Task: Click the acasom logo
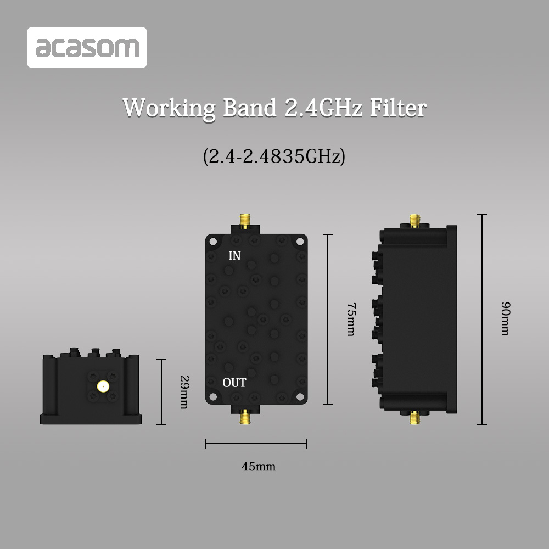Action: [87, 48]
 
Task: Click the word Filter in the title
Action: [397, 108]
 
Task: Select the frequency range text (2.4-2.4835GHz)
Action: [274, 156]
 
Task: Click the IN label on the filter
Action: [234, 256]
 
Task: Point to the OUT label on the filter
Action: [234, 383]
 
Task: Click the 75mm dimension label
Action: [350, 318]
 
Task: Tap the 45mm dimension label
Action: [259, 467]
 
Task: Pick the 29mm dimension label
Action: [184, 392]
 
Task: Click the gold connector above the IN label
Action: [244, 222]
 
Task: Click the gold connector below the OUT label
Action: [244, 417]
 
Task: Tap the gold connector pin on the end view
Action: [102, 386]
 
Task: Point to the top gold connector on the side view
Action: [414, 221]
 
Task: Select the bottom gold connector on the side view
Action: [414, 419]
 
